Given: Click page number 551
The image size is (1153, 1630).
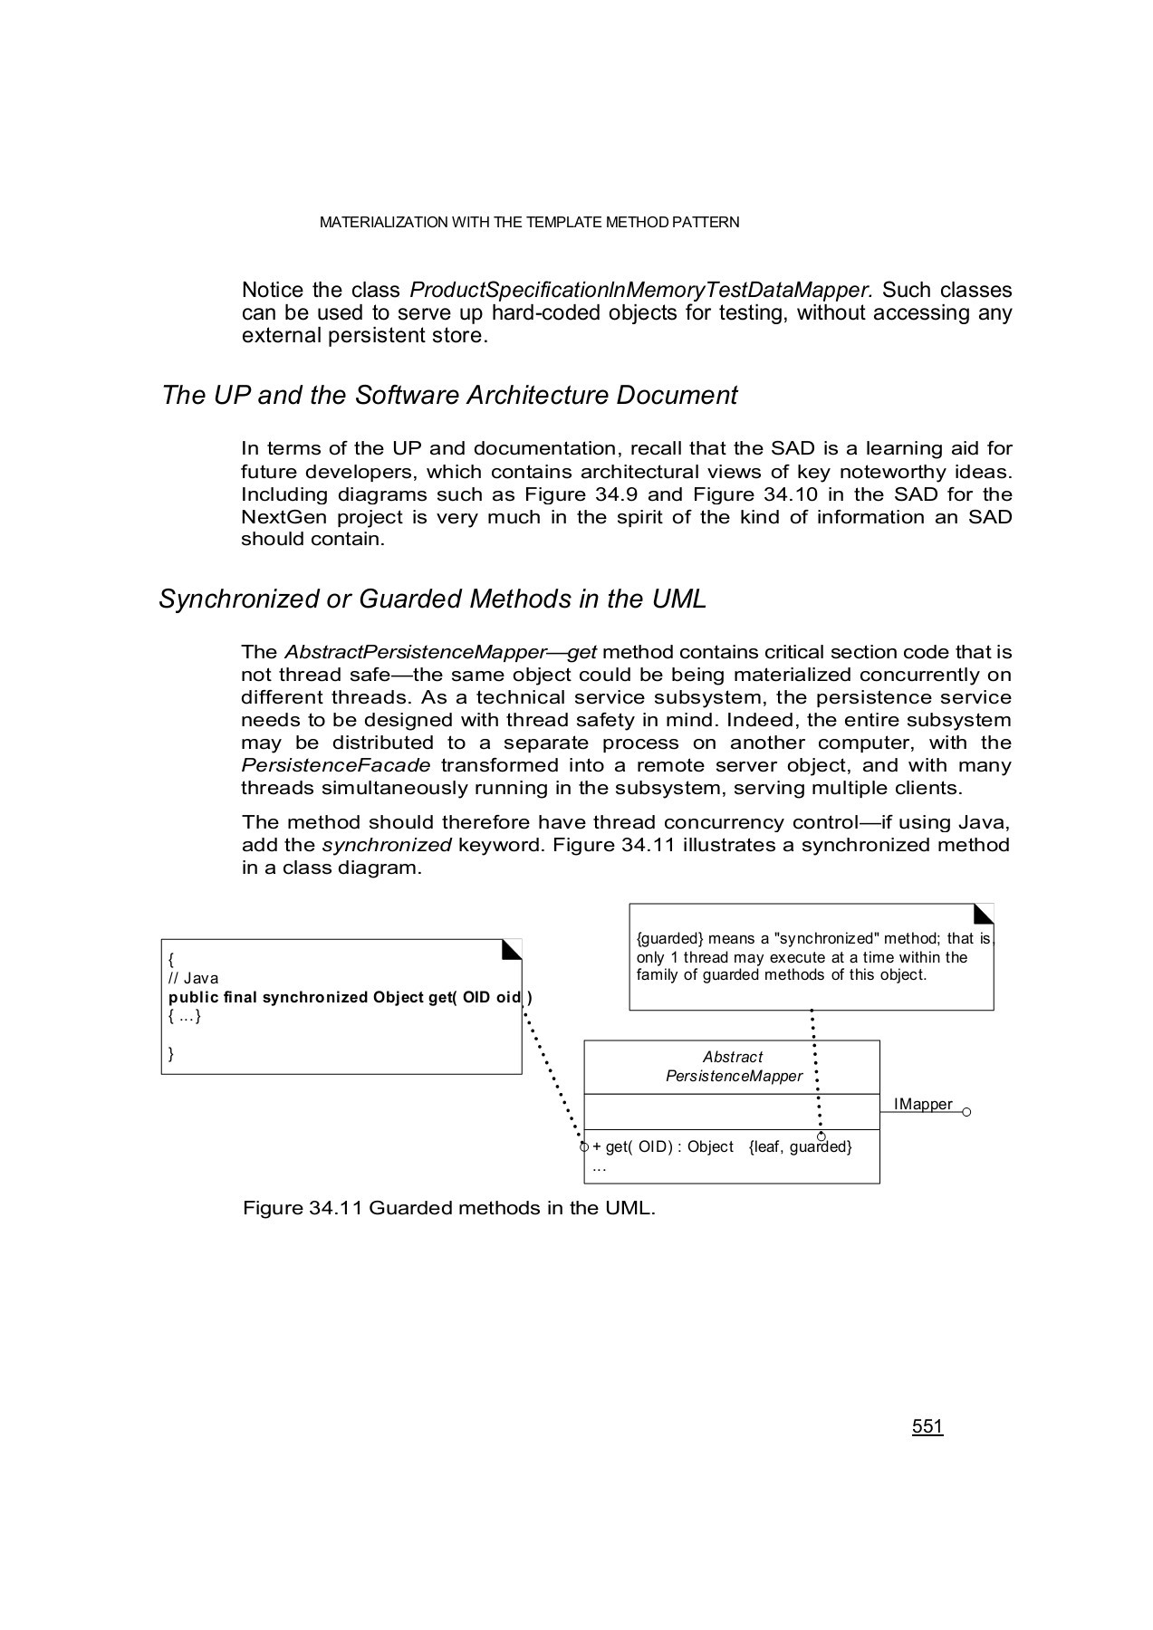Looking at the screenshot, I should [927, 1426].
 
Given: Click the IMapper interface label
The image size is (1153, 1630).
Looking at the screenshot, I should [922, 1104].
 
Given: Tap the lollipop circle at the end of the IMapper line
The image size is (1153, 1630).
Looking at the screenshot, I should [966, 1112].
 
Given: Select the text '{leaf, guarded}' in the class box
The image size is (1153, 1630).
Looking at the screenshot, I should [800, 1147].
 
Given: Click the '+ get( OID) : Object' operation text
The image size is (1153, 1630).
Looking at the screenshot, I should [663, 1147].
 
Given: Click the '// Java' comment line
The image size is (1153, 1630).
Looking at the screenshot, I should [194, 978].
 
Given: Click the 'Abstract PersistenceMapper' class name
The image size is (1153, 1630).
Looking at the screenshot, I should [733, 1067].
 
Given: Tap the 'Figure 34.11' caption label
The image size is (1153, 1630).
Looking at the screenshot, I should [303, 1208].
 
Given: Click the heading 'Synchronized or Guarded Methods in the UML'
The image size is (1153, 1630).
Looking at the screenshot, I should [432, 599].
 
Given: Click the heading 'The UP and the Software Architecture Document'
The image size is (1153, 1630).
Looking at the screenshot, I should [449, 396].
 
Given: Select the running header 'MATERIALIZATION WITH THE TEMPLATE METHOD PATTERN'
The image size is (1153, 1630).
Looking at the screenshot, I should [529, 223].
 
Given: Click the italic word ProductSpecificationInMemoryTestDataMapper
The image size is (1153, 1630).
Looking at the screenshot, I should [639, 291].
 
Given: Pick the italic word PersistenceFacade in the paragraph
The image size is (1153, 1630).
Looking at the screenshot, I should [335, 765].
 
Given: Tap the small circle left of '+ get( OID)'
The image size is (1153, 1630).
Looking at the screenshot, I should [584, 1147].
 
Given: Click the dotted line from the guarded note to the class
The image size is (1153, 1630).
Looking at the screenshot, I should [815, 1069].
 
